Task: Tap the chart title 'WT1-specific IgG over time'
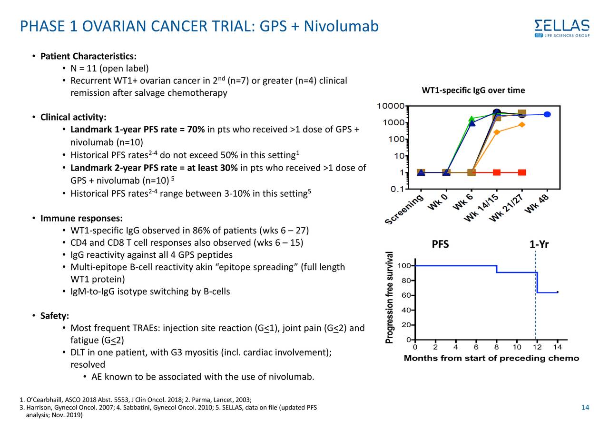(473, 90)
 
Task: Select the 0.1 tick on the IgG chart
(397, 189)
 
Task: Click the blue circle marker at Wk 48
(547, 114)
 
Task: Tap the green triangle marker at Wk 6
(471, 119)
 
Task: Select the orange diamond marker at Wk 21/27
(522, 125)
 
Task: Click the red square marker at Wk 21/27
(522, 172)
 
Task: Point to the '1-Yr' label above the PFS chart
(539, 245)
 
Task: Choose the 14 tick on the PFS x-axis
(558, 347)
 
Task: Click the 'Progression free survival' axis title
(390, 297)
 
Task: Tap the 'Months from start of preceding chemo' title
(491, 358)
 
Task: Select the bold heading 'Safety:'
(55, 316)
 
